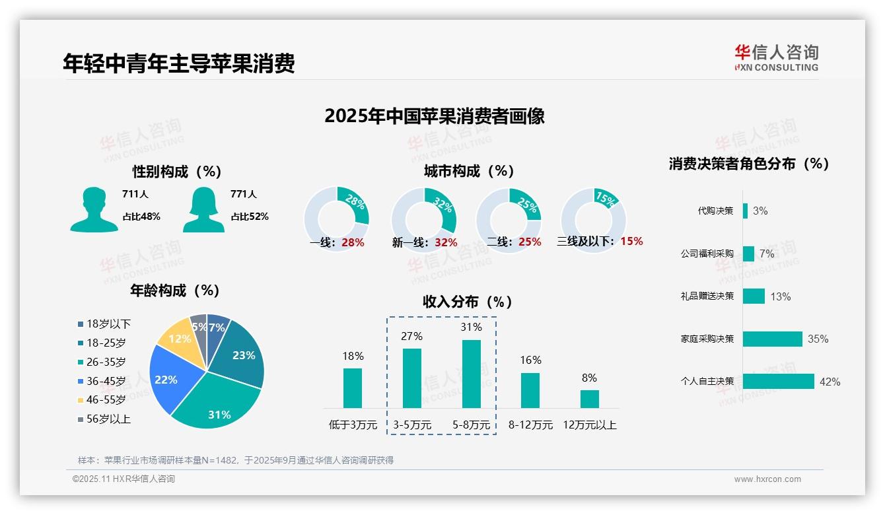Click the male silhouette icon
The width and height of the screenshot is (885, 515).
pyautogui.click(x=94, y=209)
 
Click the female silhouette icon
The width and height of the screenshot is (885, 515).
pyautogui.click(x=203, y=209)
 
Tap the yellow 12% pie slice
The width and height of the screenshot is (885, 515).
pyautogui.click(x=176, y=337)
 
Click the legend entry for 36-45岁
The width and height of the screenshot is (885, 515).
pyautogui.click(x=101, y=381)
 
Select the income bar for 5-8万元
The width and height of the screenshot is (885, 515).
pyautogui.click(x=472, y=374)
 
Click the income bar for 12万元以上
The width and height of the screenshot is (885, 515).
pyautogui.click(x=590, y=399)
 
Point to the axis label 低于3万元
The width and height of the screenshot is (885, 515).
pyautogui.click(x=353, y=425)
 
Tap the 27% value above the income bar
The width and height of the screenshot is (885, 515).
pyautogui.click(x=411, y=336)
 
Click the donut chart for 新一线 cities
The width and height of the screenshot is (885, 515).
pyautogui.click(x=423, y=219)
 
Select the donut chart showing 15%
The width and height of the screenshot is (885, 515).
pyautogui.click(x=592, y=219)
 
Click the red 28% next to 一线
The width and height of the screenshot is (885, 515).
pyautogui.click(x=353, y=242)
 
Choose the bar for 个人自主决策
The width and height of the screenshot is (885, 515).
pyautogui.click(x=778, y=381)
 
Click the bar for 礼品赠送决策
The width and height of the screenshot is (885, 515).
pyautogui.click(x=754, y=296)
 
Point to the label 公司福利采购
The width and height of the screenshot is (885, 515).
pyautogui.click(x=707, y=254)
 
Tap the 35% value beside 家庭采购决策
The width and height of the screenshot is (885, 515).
pyautogui.click(x=818, y=339)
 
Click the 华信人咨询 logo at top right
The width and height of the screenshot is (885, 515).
pyautogui.click(x=776, y=57)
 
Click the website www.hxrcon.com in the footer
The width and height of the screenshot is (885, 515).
pyautogui.click(x=767, y=479)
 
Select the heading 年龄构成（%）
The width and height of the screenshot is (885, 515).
pyautogui.click(x=174, y=291)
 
